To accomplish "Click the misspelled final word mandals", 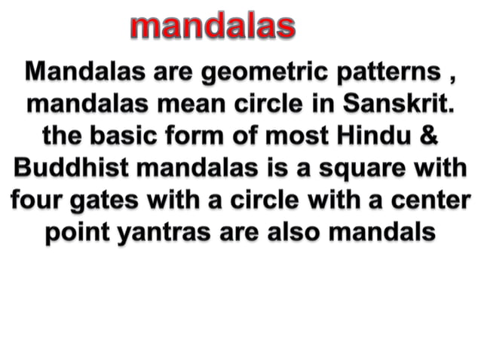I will [384, 233].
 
